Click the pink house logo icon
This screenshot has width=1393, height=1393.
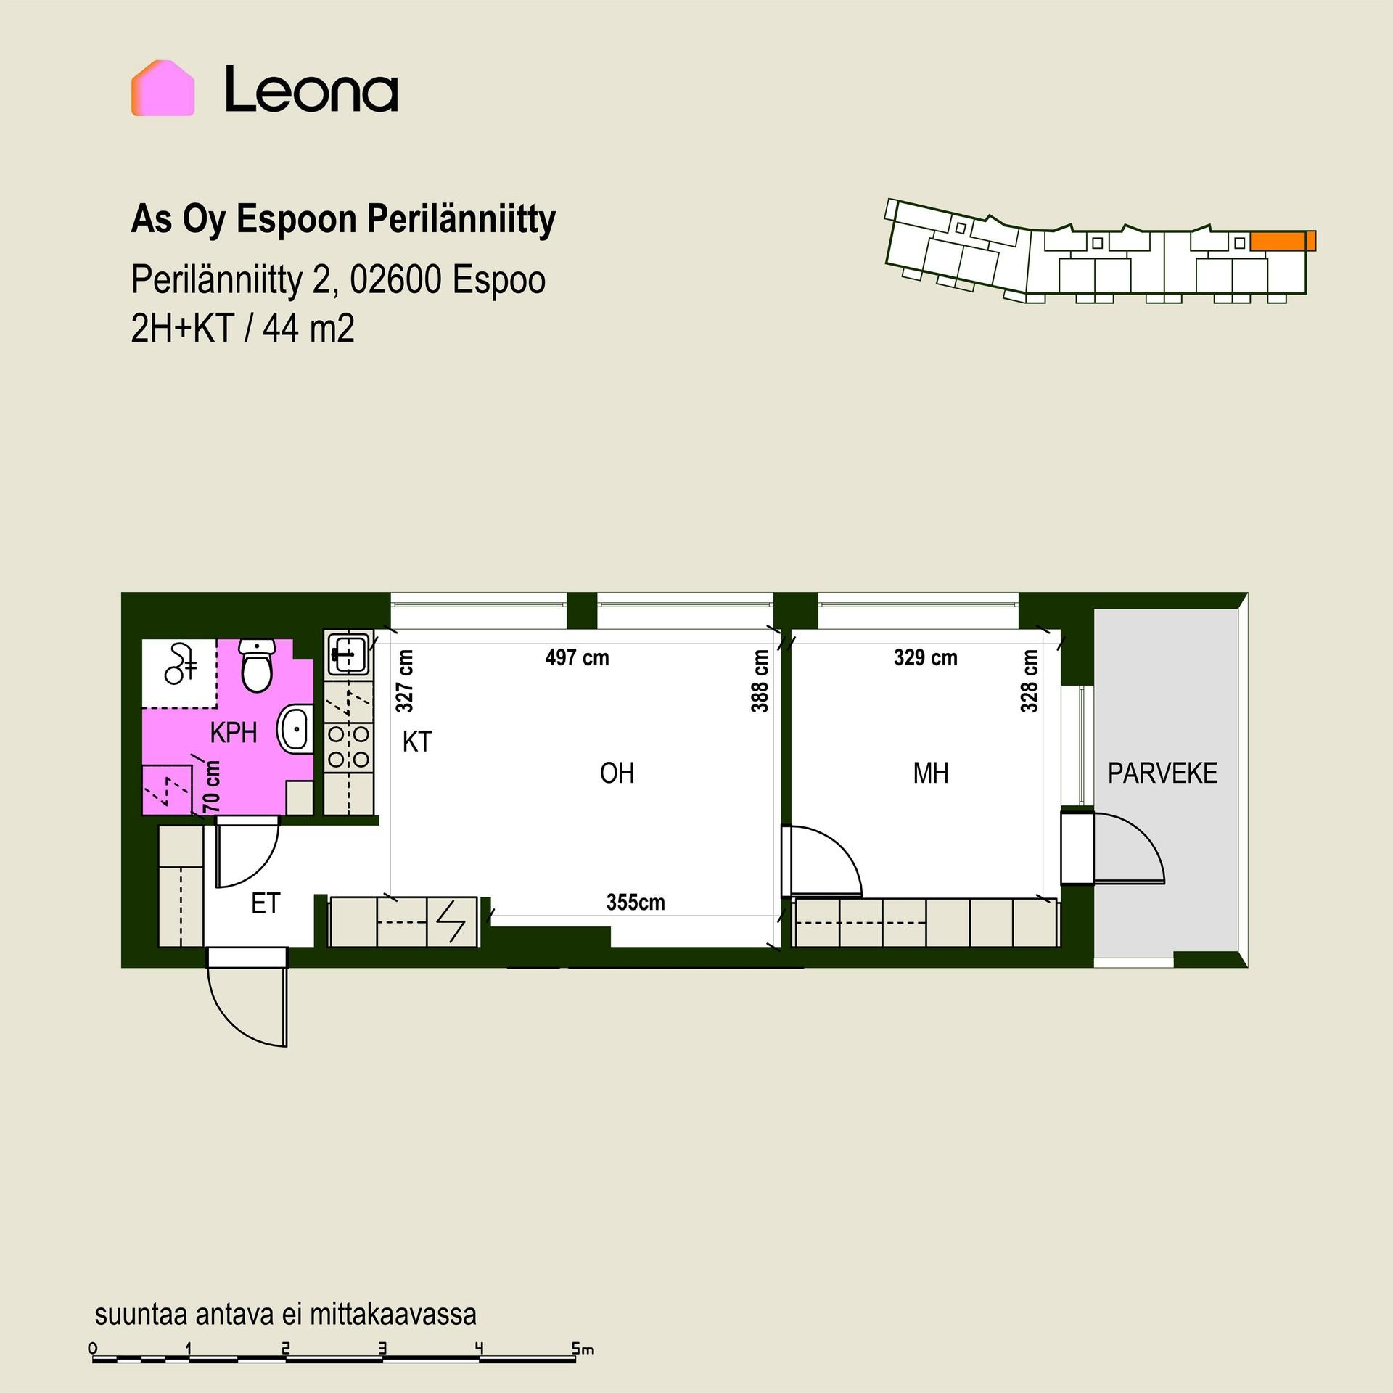click(163, 88)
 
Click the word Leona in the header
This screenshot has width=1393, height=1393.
click(311, 89)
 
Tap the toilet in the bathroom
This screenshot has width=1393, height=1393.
click(256, 665)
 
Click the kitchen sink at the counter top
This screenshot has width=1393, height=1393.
click(348, 652)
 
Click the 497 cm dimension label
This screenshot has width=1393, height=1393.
click(577, 658)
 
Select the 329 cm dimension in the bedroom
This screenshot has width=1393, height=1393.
click(925, 658)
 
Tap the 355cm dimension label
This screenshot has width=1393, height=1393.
click(636, 903)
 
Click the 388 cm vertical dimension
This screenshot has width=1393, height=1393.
click(760, 681)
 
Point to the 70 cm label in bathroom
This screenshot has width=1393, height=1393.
click(211, 786)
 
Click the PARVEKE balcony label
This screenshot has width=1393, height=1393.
click(1162, 773)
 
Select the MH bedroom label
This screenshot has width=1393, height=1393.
click(931, 773)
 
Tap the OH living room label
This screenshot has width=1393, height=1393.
click(617, 773)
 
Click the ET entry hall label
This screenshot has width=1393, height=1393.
click(266, 903)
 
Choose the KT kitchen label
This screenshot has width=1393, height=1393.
click(417, 741)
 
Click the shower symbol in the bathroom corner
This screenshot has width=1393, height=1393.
click(180, 665)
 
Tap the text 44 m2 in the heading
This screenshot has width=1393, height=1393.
click(308, 329)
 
